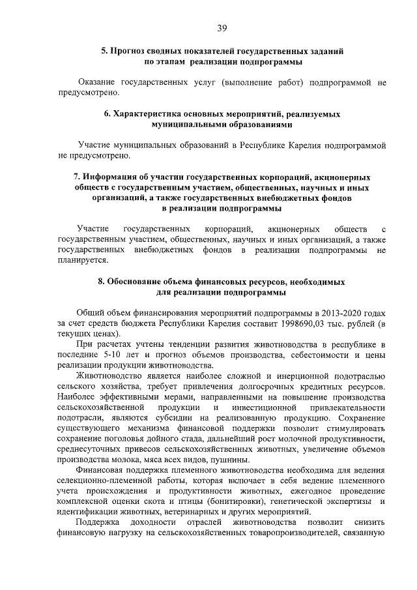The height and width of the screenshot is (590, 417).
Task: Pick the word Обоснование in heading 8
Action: point(133,282)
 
